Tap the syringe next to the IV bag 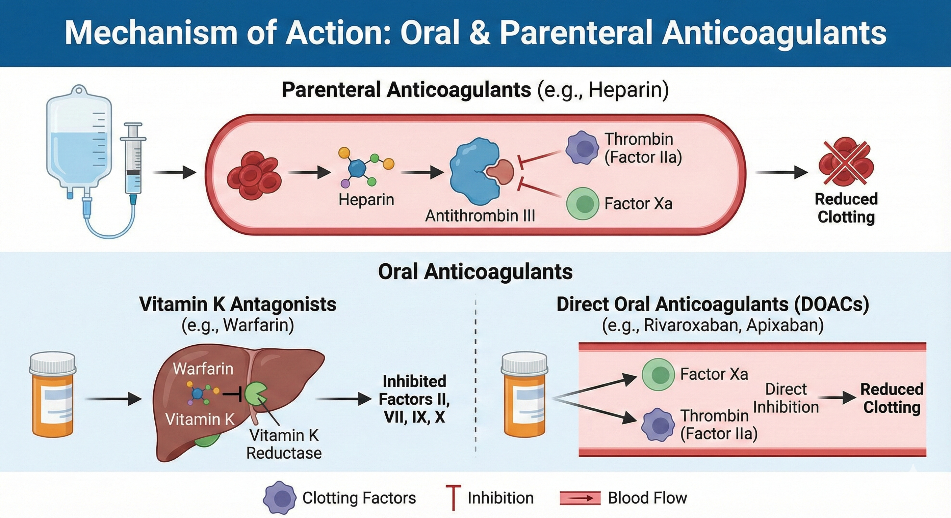pyautogui.click(x=133, y=162)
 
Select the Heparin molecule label pyautogui.click(x=366, y=200)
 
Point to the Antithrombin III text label pyautogui.click(x=480, y=216)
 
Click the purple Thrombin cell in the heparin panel pyautogui.click(x=582, y=147)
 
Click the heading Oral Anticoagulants pyautogui.click(x=475, y=272)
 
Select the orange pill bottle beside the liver pyautogui.click(x=53, y=395)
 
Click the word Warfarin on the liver pyautogui.click(x=203, y=369)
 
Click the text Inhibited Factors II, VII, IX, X pyautogui.click(x=414, y=399)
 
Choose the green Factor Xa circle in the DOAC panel pyautogui.click(x=658, y=375)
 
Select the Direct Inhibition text pyautogui.click(x=786, y=398)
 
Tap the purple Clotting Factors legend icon pyautogui.click(x=280, y=498)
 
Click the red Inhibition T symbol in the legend pyautogui.click(x=453, y=498)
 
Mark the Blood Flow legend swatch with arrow pyautogui.click(x=580, y=498)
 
